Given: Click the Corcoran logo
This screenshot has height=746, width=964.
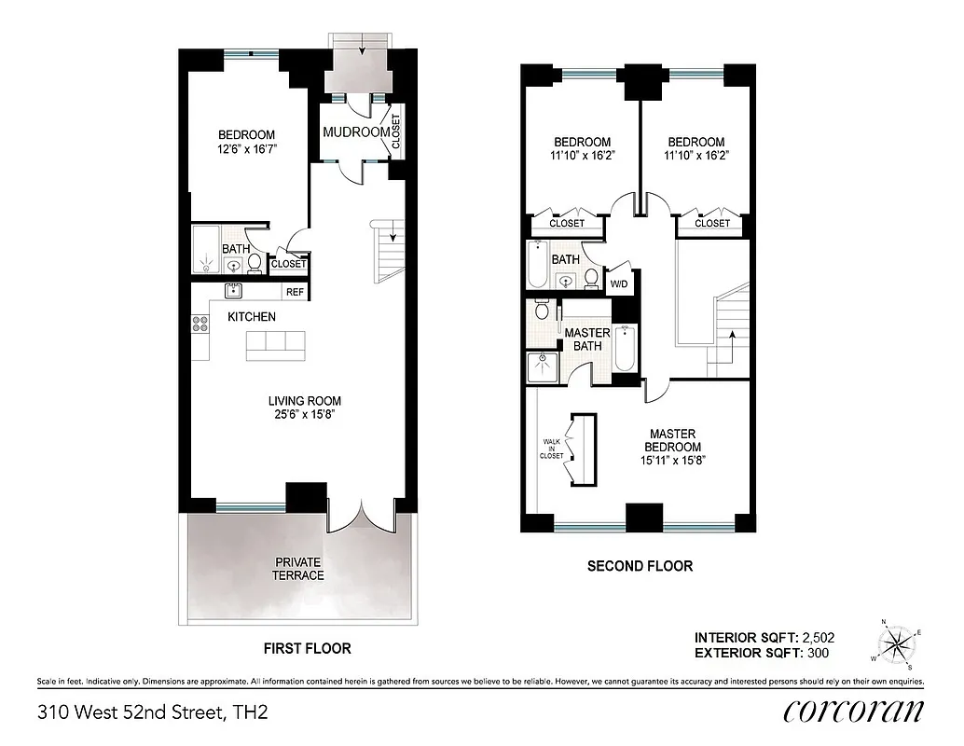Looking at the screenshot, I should point(854,711).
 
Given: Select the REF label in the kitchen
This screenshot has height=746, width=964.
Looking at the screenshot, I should point(295,292).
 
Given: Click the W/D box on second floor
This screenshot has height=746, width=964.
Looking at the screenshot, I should point(619,284).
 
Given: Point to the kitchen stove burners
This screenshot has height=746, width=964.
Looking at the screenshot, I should point(200,325).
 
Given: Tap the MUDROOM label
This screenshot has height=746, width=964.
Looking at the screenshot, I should point(355,132).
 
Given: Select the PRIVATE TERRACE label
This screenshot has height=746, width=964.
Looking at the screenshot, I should point(297,569).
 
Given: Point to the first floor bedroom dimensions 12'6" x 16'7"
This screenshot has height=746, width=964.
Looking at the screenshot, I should point(247,148).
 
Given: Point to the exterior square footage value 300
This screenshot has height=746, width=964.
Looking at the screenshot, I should point(816,653).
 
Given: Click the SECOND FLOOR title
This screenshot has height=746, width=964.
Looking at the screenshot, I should point(639,566).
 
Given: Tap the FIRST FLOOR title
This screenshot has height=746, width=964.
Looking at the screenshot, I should point(307,647).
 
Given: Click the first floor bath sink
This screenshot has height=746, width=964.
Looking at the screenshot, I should point(234,266).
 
